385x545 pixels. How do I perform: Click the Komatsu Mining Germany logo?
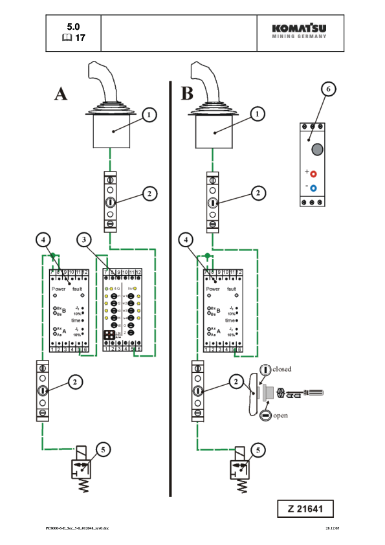(299, 31)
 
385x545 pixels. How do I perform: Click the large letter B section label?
(187, 93)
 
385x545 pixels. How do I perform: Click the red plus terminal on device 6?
(314, 173)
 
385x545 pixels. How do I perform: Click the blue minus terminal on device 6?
(314, 188)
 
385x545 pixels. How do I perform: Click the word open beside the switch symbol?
(280, 416)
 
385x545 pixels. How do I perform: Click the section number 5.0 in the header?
(73, 27)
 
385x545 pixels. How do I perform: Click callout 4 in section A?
(42, 239)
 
